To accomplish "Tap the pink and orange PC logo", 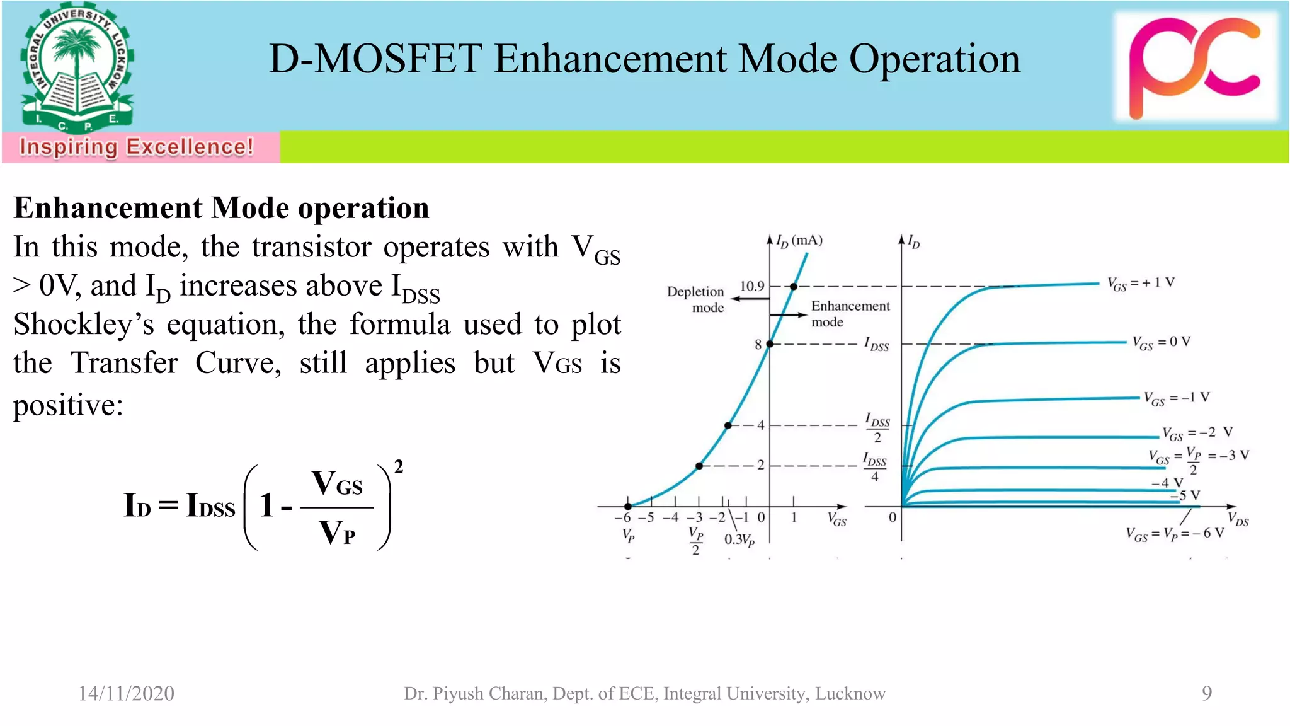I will (1195, 67).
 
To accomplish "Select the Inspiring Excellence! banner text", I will (137, 147).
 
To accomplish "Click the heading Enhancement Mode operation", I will (221, 208).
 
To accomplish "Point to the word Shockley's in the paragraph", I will (84, 325).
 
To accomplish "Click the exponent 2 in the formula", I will (398, 467).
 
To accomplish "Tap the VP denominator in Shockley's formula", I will (338, 533).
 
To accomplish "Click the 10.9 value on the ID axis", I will (751, 286).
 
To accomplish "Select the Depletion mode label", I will (696, 299).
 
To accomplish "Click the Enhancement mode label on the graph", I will (850, 314).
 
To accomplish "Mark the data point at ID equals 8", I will (770, 344).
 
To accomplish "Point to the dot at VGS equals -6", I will (628, 506).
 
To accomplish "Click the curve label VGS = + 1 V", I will (1141, 283).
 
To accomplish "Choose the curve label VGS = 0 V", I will (1161, 342).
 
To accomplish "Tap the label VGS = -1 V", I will (1176, 398).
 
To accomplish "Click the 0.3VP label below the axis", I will (739, 540).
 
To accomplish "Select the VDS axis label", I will (1238, 520).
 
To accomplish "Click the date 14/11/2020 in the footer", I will (126, 693).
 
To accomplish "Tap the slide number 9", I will (1206, 693).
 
